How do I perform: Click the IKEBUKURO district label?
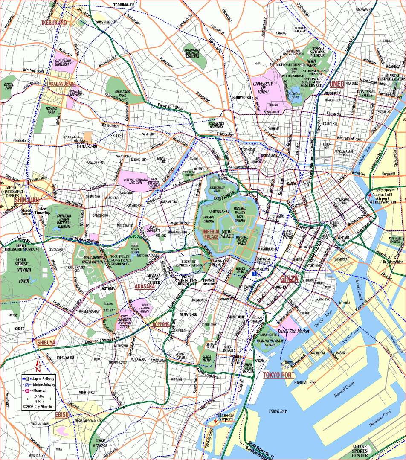[54, 23]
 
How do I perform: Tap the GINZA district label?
[290, 279]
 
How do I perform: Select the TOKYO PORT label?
[278, 375]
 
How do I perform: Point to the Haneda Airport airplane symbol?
[215, 420]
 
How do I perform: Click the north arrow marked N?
[38, 364]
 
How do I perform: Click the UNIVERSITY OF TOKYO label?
[263, 88]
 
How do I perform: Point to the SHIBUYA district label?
[46, 343]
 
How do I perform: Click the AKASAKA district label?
[145, 287]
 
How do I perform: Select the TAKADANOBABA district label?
[61, 84]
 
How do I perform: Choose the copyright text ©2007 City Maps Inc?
[38, 407]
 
